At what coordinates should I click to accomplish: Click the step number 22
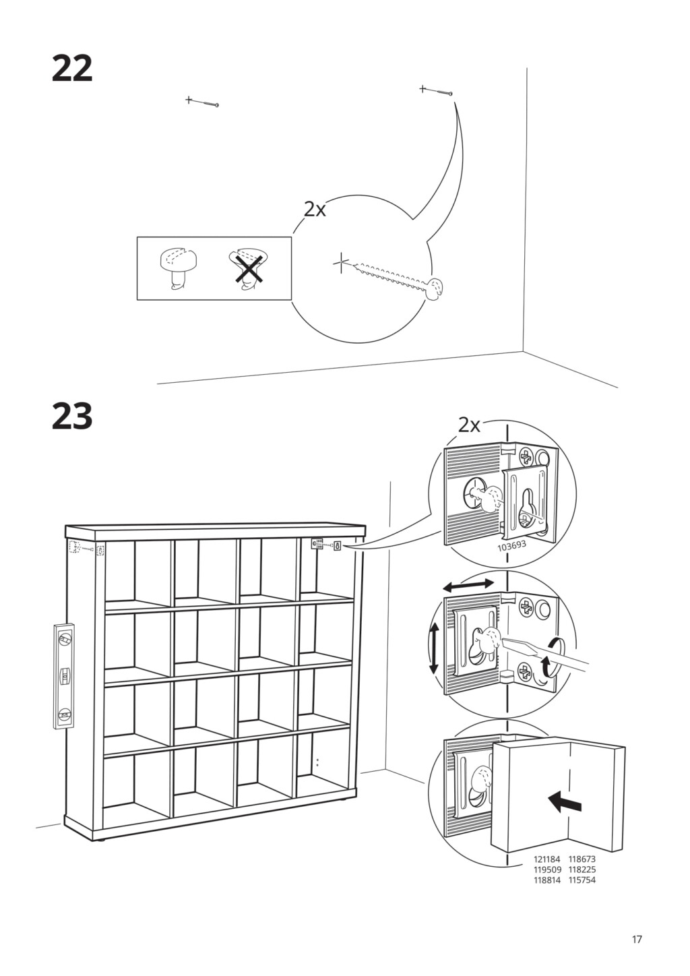click(72, 69)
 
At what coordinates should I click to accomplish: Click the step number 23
click(72, 416)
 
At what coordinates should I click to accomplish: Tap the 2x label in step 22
click(315, 210)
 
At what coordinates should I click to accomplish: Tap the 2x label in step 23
click(469, 425)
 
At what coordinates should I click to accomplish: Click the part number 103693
click(512, 547)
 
